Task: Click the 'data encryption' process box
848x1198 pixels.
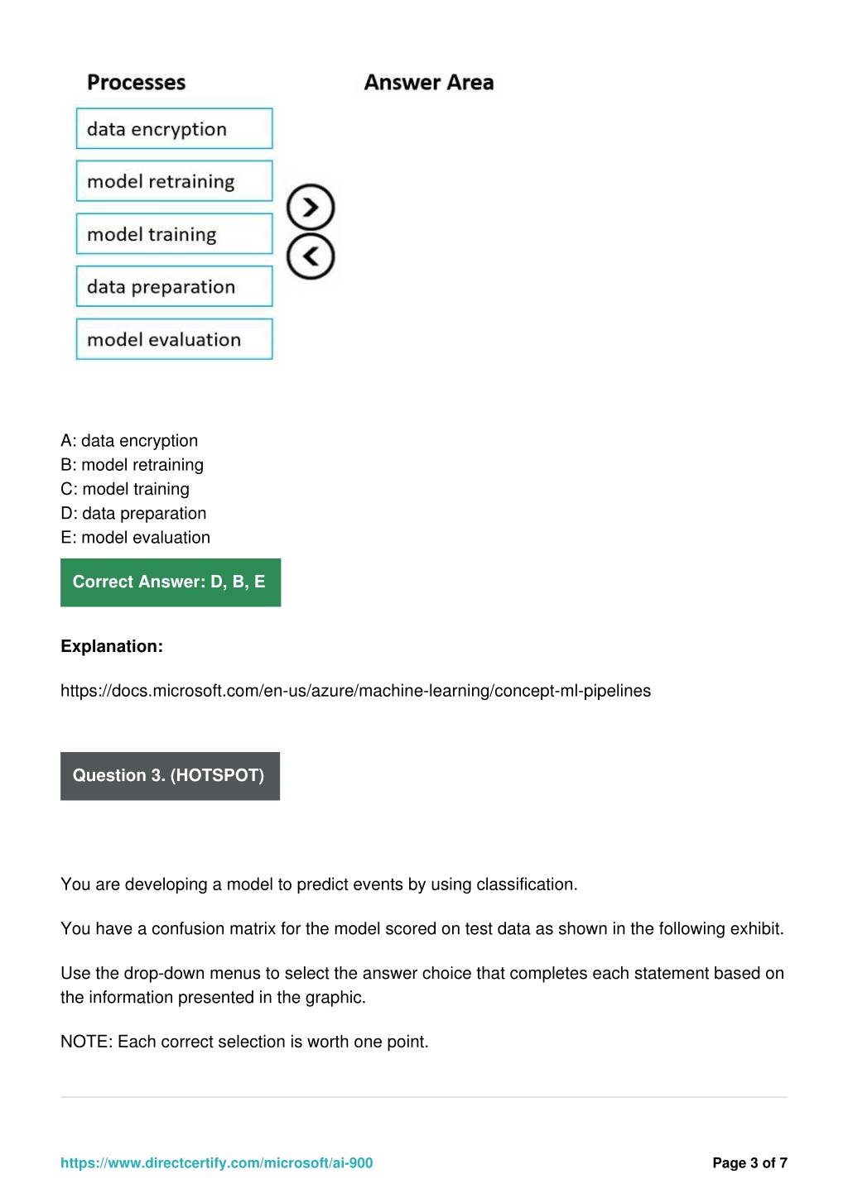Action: pos(174,129)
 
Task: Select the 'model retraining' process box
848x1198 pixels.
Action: pos(174,181)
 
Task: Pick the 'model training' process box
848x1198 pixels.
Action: pos(174,234)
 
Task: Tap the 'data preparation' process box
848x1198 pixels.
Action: pos(174,286)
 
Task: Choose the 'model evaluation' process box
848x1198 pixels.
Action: pos(174,339)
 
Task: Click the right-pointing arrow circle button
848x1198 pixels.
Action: pos(311,207)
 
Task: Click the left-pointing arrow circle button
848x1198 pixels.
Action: pos(311,256)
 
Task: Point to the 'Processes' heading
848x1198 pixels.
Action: pos(137,83)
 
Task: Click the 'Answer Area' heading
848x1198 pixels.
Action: pos(429,83)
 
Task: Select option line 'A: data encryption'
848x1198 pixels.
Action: pos(129,441)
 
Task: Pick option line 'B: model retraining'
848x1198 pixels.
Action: pos(132,465)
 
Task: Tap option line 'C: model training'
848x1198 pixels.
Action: pos(125,489)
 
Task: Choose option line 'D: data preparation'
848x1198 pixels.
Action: pos(133,513)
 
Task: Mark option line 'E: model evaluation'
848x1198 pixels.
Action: pos(135,538)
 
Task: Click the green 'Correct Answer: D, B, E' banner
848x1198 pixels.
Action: pos(171,582)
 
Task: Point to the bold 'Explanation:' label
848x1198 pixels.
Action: pos(112,646)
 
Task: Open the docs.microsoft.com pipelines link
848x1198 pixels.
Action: pos(355,691)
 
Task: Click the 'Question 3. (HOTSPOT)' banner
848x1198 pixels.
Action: pos(170,776)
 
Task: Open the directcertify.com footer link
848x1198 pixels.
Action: pos(216,1162)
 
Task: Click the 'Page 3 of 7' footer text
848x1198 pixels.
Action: pos(749,1162)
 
